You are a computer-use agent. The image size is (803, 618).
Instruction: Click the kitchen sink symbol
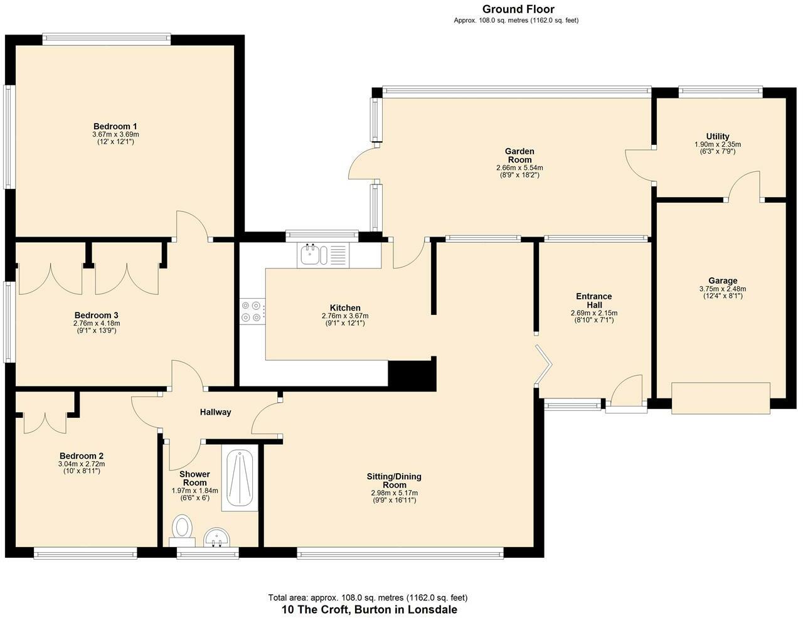click(x=323, y=255)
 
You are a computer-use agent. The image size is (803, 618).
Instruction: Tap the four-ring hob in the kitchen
click(x=252, y=311)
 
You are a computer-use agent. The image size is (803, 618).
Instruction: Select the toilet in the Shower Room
click(x=182, y=531)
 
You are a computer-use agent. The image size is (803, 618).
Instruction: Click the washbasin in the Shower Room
click(x=217, y=537)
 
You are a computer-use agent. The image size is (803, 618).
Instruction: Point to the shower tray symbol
click(x=240, y=477)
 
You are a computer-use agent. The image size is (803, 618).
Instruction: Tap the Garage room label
click(x=723, y=280)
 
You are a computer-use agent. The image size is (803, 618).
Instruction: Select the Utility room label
click(x=718, y=136)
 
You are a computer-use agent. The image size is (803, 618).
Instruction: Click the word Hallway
click(x=215, y=412)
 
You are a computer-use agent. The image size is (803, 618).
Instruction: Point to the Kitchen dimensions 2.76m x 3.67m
click(x=345, y=316)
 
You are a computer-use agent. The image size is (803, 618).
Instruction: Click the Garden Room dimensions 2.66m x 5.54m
click(x=519, y=168)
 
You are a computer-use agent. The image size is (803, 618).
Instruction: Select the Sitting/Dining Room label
click(x=395, y=481)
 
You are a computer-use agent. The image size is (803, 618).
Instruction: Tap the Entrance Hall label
click(x=594, y=301)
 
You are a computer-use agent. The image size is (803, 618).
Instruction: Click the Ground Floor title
click(x=518, y=9)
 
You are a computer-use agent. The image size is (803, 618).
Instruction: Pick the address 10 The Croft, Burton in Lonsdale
click(x=370, y=609)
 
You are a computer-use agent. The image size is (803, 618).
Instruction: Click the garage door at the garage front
click(x=721, y=398)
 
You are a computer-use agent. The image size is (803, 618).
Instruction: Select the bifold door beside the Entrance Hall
click(x=543, y=366)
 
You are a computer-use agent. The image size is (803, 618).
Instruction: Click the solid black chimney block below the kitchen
click(x=412, y=375)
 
